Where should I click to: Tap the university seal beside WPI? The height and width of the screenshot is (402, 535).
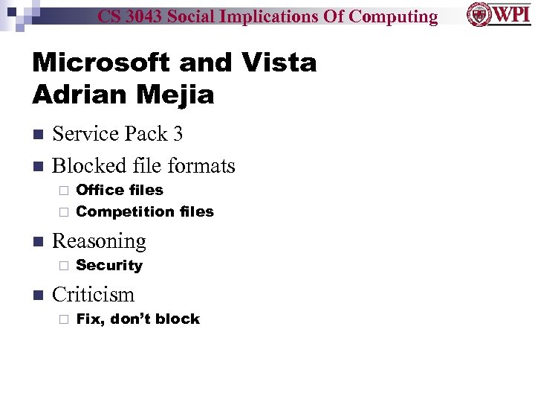coord(478,15)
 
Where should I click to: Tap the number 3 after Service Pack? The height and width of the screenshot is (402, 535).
coord(178,134)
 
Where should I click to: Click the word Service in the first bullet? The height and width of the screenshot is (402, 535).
coord(84,134)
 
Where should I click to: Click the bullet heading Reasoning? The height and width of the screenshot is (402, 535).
coord(99,241)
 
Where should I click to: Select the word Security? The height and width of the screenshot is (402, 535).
coord(109,265)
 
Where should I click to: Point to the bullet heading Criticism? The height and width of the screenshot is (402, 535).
coord(93,295)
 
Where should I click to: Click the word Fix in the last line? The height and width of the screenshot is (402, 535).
coord(88,319)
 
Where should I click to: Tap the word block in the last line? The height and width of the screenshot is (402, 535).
coord(180,319)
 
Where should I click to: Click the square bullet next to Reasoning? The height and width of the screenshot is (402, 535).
coord(37,242)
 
